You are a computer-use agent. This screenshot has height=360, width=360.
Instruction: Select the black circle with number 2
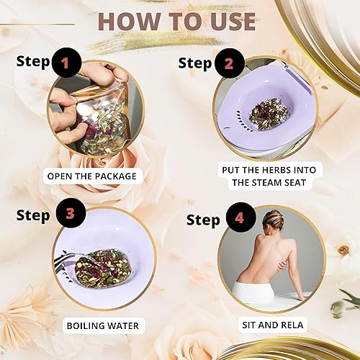coord(230,63)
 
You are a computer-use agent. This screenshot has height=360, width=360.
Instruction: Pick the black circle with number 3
coord(71,213)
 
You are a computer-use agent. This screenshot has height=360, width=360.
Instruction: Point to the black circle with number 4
coord(241,217)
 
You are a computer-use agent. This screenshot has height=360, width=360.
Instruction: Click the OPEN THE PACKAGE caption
coord(92,176)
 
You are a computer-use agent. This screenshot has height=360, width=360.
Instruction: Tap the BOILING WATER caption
coord(103,326)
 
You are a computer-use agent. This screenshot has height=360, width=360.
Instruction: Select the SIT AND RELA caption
coord(273,325)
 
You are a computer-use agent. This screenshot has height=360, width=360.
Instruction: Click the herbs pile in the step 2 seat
coord(268,113)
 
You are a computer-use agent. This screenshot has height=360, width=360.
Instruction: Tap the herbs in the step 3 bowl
coord(99,268)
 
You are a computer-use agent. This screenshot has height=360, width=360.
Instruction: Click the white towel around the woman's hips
coord(254,291)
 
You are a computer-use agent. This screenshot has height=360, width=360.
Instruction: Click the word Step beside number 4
coord(203,220)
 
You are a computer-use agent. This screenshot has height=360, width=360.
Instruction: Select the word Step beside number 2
coord(194,63)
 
